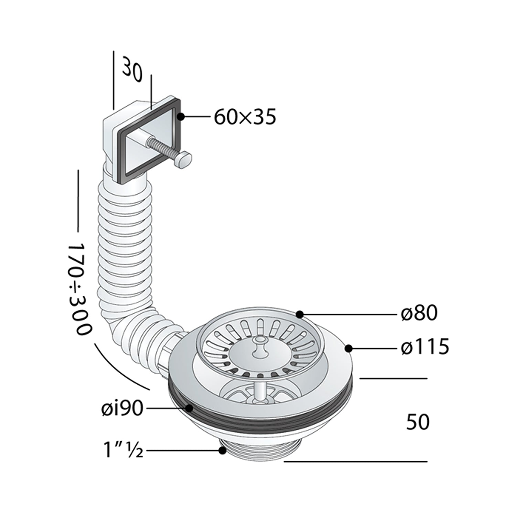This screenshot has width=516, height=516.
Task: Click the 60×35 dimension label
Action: (245, 117)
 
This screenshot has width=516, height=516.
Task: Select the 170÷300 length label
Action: (79, 290)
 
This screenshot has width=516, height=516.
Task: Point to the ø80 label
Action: (419, 313)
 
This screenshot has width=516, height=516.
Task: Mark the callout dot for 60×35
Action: (181, 117)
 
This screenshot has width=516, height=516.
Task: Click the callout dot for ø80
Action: (300, 314)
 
